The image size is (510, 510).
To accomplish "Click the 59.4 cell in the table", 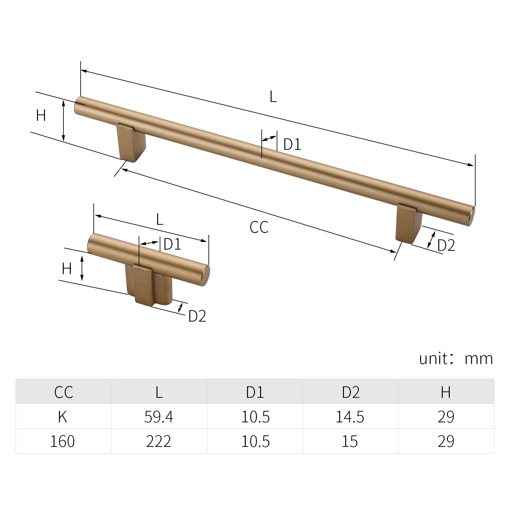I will point(159,417).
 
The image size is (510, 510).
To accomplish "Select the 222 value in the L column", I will point(159,441).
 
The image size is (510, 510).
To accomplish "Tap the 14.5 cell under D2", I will point(350,417).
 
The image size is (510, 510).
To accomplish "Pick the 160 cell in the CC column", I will point(63,441).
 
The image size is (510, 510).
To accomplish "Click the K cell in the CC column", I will point(63,417).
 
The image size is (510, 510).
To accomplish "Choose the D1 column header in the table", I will point(255,392).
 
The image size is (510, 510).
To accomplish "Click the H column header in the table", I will point(446,392).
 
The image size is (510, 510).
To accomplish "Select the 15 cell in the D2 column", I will point(350,441).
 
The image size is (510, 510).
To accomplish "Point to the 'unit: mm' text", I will point(456,359).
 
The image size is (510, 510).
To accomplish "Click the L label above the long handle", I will point(273,97).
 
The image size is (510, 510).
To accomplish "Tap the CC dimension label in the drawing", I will point(259,228).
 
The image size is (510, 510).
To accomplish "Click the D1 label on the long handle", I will point(292,144).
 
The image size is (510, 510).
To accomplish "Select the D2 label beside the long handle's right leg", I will point(446,245).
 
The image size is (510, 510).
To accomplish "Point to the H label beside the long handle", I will point(41,115).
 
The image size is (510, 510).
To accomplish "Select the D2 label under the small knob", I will point(197,316).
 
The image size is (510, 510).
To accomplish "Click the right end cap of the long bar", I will point(471,217).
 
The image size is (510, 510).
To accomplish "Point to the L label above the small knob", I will point(160,220).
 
